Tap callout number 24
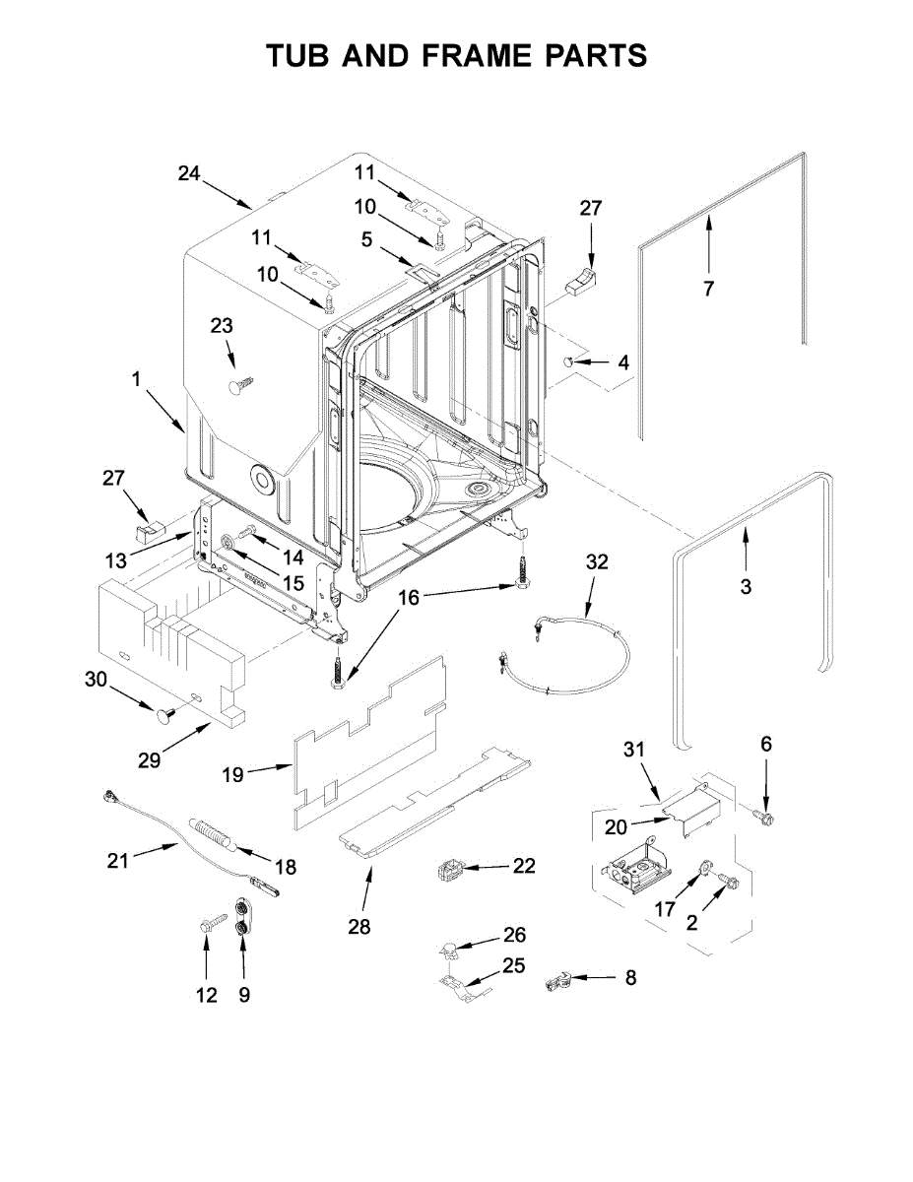[189, 173]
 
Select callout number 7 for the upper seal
[708, 289]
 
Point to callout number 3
[746, 587]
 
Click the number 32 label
[597, 562]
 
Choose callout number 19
[232, 775]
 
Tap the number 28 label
[359, 927]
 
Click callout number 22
[524, 866]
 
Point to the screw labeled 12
[209, 926]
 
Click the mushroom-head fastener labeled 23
[238, 384]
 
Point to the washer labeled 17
[706, 868]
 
